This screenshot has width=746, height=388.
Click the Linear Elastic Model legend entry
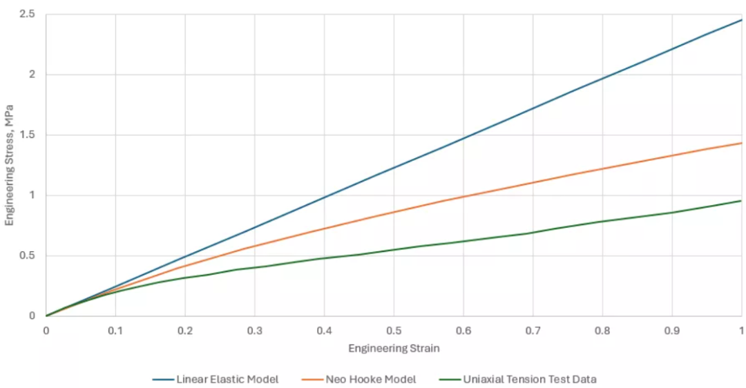tap(216, 380)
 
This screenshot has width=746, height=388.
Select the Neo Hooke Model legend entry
tap(358, 380)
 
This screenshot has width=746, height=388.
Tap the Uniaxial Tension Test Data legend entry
tap(517, 380)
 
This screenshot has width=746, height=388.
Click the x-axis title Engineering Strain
tap(394, 349)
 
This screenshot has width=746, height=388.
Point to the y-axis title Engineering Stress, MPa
tap(9, 166)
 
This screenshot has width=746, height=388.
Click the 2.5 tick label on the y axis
tap(27, 14)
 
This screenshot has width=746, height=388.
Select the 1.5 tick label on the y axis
tap(27, 135)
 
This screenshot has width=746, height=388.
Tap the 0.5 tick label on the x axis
tap(394, 331)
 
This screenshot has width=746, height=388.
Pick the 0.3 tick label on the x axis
tap(254, 331)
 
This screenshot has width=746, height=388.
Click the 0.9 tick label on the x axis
tap(672, 331)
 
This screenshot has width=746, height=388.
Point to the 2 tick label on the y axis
tap(32, 75)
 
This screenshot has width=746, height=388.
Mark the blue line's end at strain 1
tap(742, 20)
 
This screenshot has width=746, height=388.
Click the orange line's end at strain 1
tap(742, 143)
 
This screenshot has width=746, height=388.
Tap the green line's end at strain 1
tap(742, 201)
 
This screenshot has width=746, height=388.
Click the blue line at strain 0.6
tap(463, 138)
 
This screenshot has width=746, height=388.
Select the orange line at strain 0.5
tap(394, 212)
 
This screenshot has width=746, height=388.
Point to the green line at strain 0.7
tap(533, 233)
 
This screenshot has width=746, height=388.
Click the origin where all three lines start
tap(46, 316)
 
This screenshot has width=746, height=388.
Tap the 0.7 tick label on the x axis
tap(533, 331)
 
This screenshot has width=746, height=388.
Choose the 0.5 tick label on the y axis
tap(27, 256)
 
